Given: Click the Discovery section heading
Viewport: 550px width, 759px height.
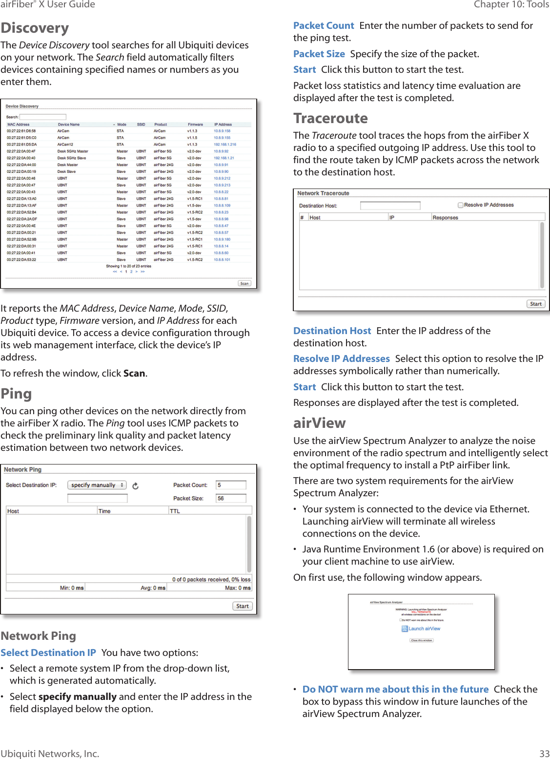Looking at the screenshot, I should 35,28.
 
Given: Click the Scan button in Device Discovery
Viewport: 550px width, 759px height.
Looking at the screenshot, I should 244,283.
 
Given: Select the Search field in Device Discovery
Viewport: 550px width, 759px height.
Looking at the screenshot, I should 42,117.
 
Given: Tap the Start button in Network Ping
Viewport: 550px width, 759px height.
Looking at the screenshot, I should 242,606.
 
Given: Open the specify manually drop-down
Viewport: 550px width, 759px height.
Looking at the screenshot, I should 97,485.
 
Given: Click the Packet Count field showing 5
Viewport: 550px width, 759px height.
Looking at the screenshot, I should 231,485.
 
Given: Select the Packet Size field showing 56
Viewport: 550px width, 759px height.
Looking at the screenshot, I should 231,498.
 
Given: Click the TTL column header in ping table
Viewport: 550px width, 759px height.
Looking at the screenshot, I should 175,511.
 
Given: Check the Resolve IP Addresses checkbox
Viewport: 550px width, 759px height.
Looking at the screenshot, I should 460,205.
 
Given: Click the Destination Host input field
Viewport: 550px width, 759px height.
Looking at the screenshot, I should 390,206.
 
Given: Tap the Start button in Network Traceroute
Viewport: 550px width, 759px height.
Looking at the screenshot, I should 535,304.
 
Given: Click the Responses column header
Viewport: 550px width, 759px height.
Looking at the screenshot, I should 445,217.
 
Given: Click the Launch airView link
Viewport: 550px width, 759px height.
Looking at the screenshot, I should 424,629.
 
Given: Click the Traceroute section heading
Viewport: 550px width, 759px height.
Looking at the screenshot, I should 330,119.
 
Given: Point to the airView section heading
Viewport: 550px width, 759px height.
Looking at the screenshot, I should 319,423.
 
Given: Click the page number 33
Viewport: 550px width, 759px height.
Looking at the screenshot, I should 544,754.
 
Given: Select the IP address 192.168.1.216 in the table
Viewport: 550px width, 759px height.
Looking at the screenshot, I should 224,145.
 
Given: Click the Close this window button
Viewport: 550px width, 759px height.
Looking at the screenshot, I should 421,640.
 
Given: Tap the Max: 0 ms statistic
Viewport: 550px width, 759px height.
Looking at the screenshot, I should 238,588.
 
